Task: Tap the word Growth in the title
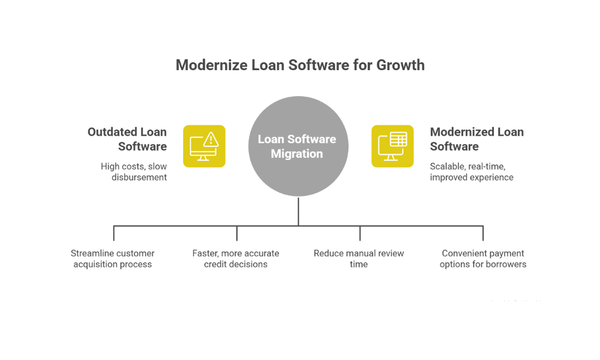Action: [400, 65]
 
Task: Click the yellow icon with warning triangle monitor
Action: [204, 146]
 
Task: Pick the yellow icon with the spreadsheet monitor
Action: [392, 146]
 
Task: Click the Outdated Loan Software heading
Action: [127, 139]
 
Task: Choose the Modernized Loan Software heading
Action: [477, 139]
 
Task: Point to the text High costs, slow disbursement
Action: [134, 172]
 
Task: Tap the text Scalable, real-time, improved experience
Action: [472, 172]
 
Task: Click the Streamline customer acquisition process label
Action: [113, 259]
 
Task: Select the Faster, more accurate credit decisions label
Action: [236, 259]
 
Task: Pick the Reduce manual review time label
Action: [359, 259]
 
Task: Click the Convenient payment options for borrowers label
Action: [483, 259]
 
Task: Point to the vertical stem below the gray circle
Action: [298, 211]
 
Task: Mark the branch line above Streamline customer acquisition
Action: [114, 233]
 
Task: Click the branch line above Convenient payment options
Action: [483, 233]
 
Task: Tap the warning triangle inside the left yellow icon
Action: [211, 140]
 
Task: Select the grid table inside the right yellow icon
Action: [398, 140]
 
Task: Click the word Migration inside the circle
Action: [297, 154]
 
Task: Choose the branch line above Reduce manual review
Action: [360, 233]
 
